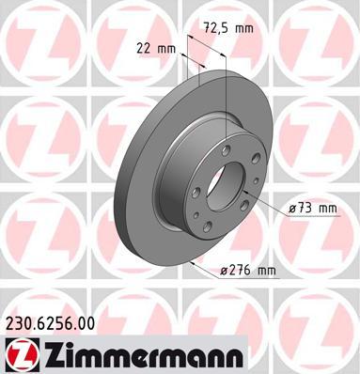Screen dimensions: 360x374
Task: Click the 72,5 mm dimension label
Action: coord(228,28)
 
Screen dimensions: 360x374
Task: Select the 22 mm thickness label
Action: coord(156,49)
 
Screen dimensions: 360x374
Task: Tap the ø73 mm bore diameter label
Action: coord(313,209)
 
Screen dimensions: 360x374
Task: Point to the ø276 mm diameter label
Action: coord(247,270)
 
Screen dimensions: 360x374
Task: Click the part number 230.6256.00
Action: coord(50,323)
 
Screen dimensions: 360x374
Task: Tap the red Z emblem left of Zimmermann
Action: coord(22,353)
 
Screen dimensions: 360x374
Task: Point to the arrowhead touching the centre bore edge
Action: coord(245,192)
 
